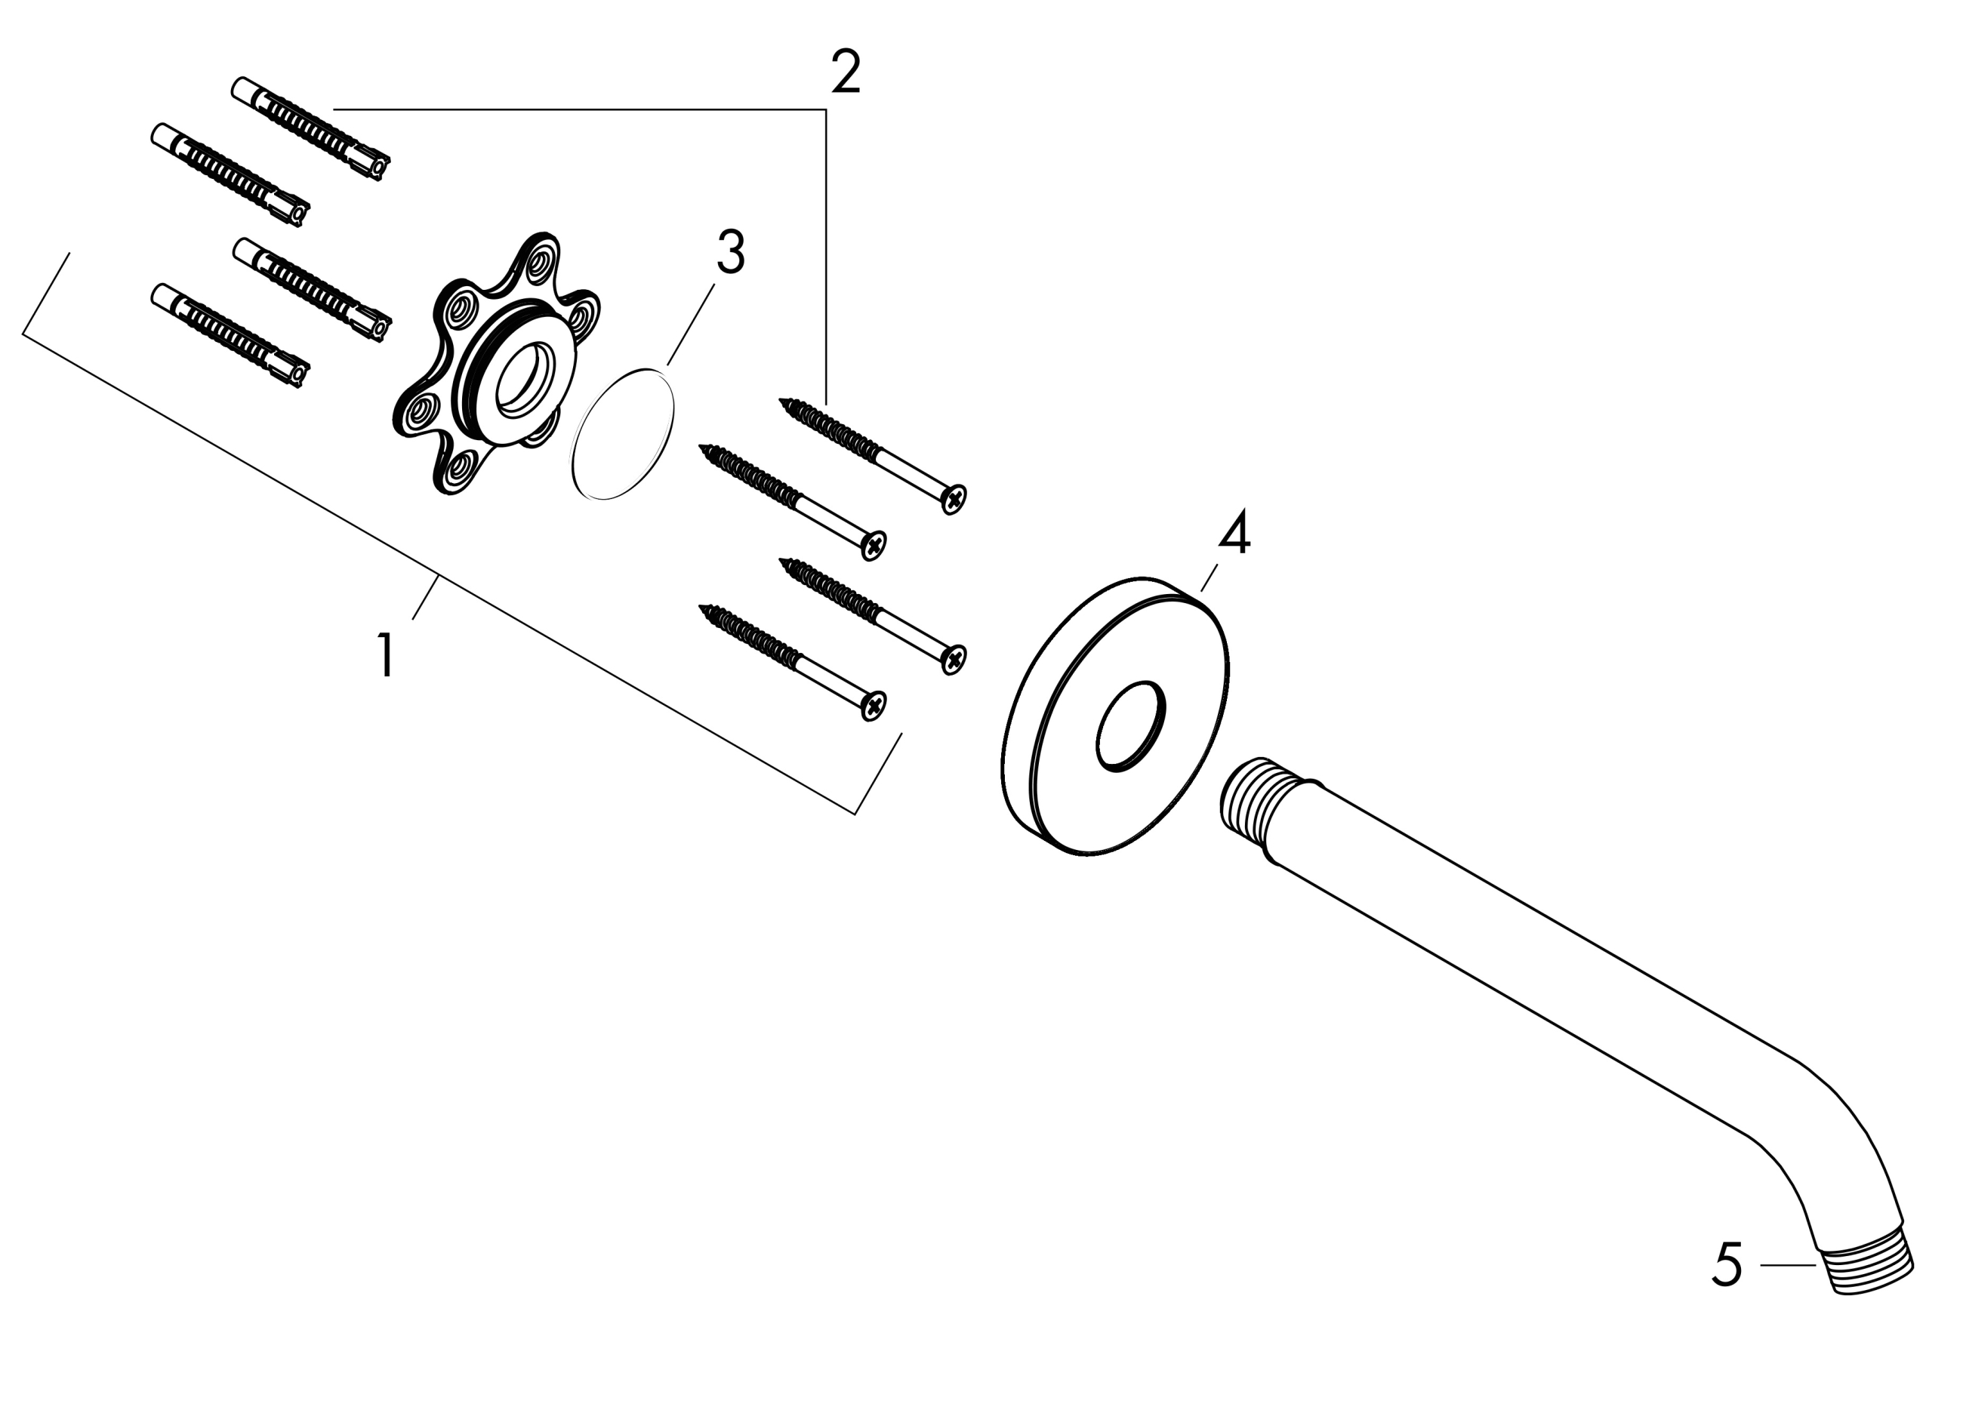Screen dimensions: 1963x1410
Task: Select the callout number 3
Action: click(x=731, y=253)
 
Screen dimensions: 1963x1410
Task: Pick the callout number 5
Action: click(x=1727, y=1264)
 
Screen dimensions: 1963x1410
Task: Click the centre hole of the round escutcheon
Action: click(x=1130, y=725)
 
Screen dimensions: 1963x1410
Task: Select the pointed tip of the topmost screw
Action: click(x=781, y=401)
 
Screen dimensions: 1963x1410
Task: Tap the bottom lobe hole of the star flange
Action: click(x=460, y=466)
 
